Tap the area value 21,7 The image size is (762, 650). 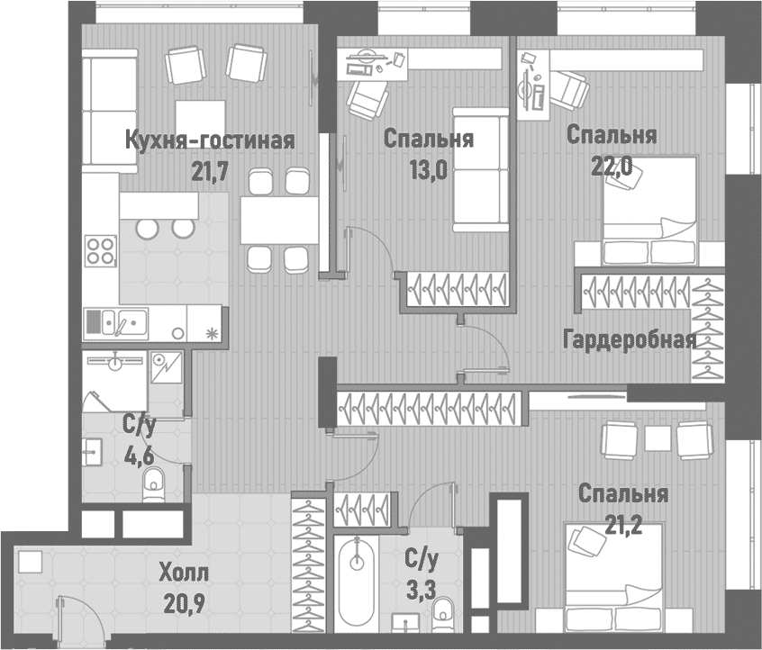tap(211, 170)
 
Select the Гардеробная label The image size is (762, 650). tap(629, 339)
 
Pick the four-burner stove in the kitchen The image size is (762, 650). tap(101, 249)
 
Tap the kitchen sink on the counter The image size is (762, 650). tap(117, 320)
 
